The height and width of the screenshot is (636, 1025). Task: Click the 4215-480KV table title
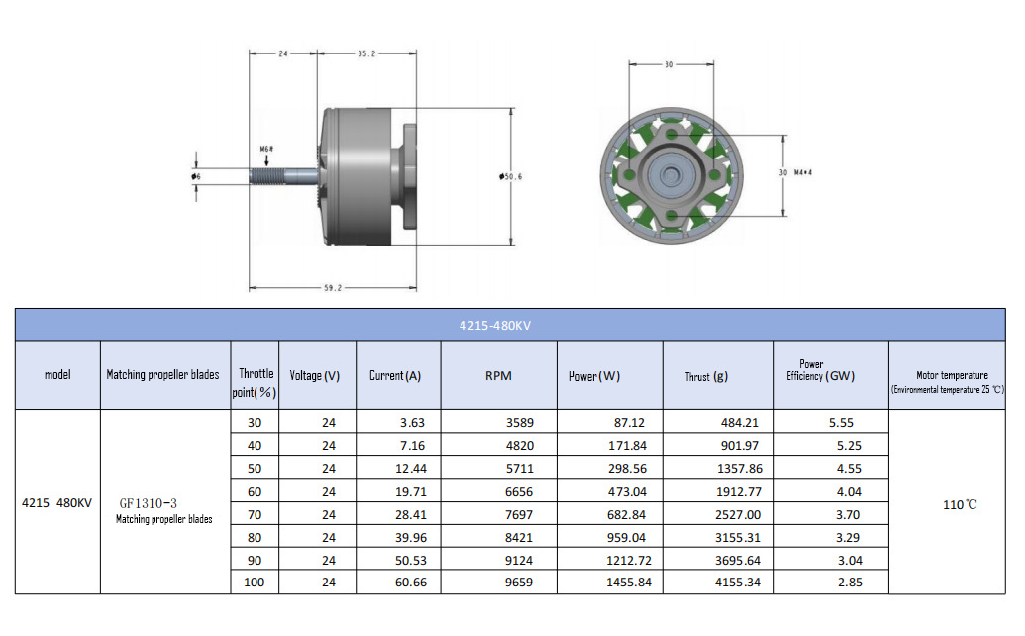pos(511,325)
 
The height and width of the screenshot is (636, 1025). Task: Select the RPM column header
pos(496,375)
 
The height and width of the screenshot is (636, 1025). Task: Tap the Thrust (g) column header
pos(706,376)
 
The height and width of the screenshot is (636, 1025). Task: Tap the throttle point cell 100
pos(254,583)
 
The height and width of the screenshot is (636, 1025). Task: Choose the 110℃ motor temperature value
pos(960,504)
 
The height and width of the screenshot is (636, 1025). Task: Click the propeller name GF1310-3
pos(149,503)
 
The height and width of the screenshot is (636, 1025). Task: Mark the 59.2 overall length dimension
pos(332,288)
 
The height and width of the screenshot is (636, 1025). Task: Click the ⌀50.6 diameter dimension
pos(511,176)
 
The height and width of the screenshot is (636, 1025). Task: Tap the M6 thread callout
pos(266,149)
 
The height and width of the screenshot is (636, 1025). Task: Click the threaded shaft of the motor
pos(272,177)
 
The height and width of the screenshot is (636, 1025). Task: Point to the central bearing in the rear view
pos(670,174)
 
